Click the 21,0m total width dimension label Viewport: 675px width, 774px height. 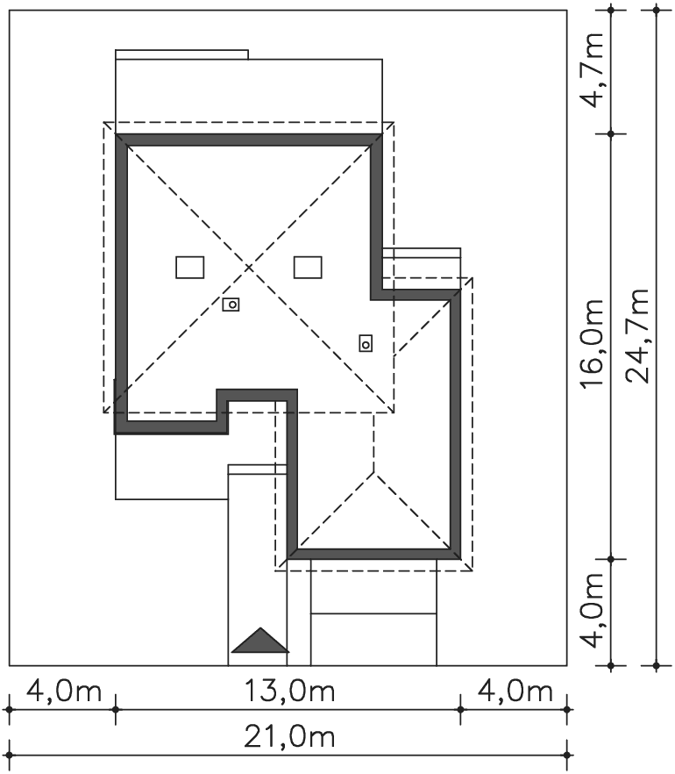[x=290, y=737]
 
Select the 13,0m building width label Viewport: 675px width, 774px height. [x=290, y=692]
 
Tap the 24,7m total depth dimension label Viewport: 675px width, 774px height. [x=637, y=335]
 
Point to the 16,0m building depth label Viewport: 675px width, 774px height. [x=592, y=344]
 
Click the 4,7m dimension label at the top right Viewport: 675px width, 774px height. [x=592, y=69]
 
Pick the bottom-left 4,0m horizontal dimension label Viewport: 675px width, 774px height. [x=64, y=692]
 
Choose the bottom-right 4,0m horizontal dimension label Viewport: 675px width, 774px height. [x=515, y=692]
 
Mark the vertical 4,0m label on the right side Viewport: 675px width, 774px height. [x=592, y=610]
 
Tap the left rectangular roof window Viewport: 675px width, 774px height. [x=190, y=267]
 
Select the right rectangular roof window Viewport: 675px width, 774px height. [x=308, y=267]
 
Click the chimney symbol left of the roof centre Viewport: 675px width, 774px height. [x=231, y=305]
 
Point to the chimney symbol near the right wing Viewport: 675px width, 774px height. [x=366, y=343]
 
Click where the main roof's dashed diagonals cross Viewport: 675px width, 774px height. [x=248, y=268]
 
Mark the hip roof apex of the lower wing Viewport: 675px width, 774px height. [x=373, y=472]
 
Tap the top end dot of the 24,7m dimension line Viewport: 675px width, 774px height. [x=656, y=10]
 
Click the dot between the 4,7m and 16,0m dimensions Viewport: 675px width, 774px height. [x=611, y=133]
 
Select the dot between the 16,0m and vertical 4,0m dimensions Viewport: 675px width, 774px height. [x=611, y=559]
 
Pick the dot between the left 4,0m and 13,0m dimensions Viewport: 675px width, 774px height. [x=116, y=710]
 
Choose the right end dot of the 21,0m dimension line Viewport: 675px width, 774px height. [x=567, y=756]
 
